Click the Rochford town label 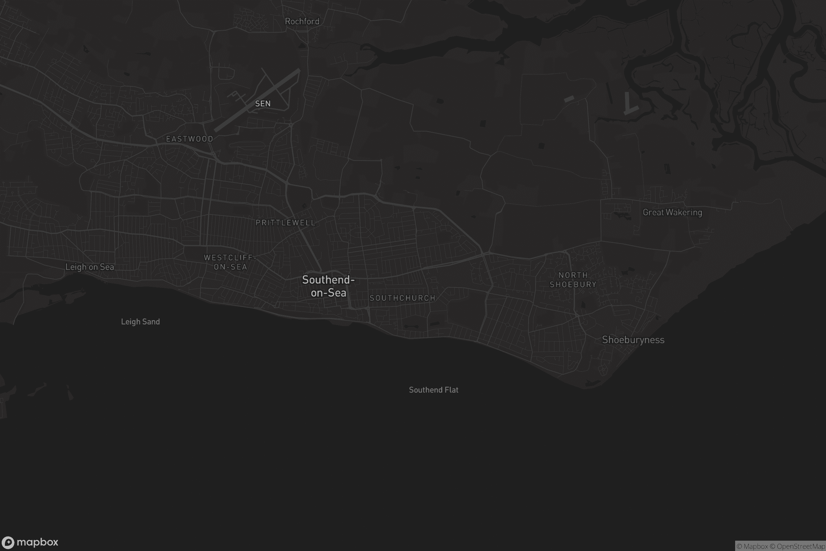tap(302, 21)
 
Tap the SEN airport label tap(263, 104)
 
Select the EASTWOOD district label tap(190, 139)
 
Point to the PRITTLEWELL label tap(286, 223)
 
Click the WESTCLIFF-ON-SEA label tap(230, 262)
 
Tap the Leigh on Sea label tap(89, 267)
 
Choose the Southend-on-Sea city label tap(328, 286)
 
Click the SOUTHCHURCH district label tap(402, 298)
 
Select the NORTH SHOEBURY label tap(573, 280)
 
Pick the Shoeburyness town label tap(633, 340)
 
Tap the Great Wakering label tap(672, 212)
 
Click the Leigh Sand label tap(140, 322)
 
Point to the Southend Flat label tap(434, 390)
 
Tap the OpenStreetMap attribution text tap(801, 547)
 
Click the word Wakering tap(685, 212)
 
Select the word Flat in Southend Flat tap(451, 390)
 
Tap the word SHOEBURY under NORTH tap(573, 285)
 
